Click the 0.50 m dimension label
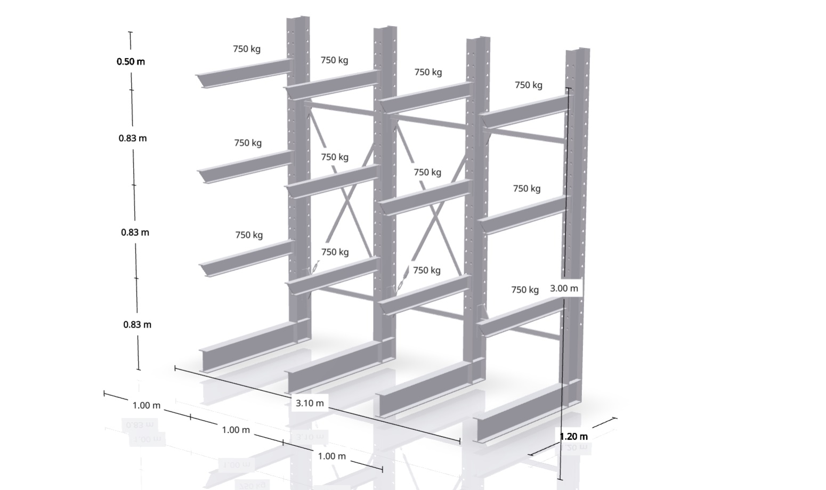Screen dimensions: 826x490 131,62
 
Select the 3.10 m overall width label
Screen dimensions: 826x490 310,403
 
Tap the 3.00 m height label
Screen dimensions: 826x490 564,289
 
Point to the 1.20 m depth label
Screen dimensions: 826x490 574,437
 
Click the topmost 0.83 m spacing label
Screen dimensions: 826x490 133,138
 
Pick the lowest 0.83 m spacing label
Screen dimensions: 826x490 137,324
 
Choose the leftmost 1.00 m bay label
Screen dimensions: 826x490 147,406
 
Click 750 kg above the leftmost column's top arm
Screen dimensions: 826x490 247,49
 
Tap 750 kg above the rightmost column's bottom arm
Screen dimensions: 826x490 525,290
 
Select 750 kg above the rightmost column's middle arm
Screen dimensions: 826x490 527,189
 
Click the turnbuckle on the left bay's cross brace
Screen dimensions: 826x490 314,268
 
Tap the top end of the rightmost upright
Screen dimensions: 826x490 578,50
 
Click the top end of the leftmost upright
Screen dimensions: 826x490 298,18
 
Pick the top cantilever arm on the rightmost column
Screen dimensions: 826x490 524,111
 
